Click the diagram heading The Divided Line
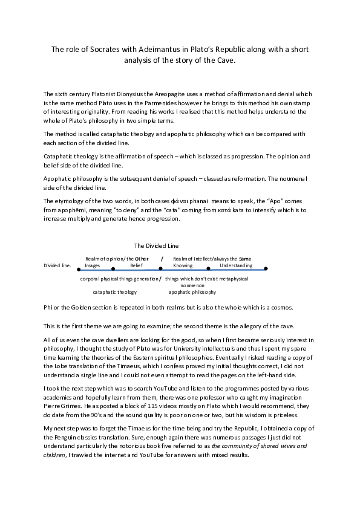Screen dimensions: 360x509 [x=156, y=246]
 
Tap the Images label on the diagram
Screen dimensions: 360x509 [x=93, y=265]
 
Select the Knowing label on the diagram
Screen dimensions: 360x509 [x=183, y=265]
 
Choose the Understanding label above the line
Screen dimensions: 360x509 [x=236, y=265]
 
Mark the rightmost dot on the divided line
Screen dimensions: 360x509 [x=266, y=268]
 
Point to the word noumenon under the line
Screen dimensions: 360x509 [x=192, y=285]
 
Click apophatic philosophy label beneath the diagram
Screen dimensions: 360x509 [x=192, y=292]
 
